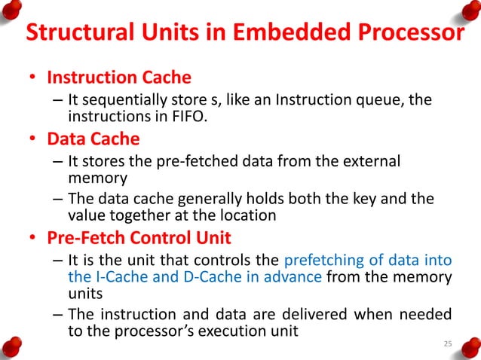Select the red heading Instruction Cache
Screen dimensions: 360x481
(119, 78)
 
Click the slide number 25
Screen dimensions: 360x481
(448, 344)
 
